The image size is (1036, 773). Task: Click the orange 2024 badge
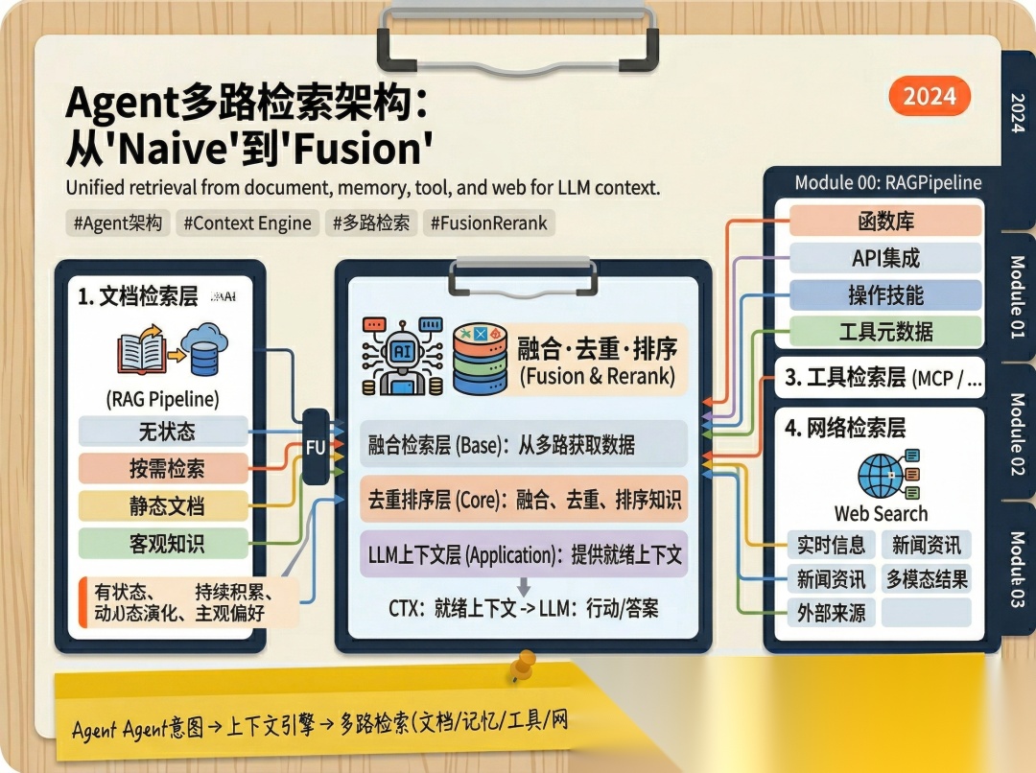pyautogui.click(x=929, y=96)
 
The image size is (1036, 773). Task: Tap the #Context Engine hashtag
pyautogui.click(x=247, y=223)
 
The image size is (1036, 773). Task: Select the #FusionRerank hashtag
pyautogui.click(x=488, y=223)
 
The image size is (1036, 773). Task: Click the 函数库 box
pyautogui.click(x=885, y=222)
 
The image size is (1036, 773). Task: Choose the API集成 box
pyautogui.click(x=885, y=258)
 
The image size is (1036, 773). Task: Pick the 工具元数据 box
pyautogui.click(x=885, y=332)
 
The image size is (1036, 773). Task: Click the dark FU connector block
pyautogui.click(x=316, y=446)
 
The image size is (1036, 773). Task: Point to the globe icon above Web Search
pyautogui.click(x=881, y=474)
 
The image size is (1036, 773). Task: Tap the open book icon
pyautogui.click(x=142, y=353)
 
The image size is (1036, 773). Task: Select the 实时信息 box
pyautogui.click(x=831, y=545)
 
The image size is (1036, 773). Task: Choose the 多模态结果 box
pyautogui.click(x=926, y=578)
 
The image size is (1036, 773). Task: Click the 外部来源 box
pyautogui.click(x=831, y=613)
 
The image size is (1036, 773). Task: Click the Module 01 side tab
pyautogui.click(x=1017, y=297)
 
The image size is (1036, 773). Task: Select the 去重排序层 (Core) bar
pyautogui.click(x=525, y=499)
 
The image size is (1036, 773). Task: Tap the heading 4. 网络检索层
pyautogui.click(x=844, y=428)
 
